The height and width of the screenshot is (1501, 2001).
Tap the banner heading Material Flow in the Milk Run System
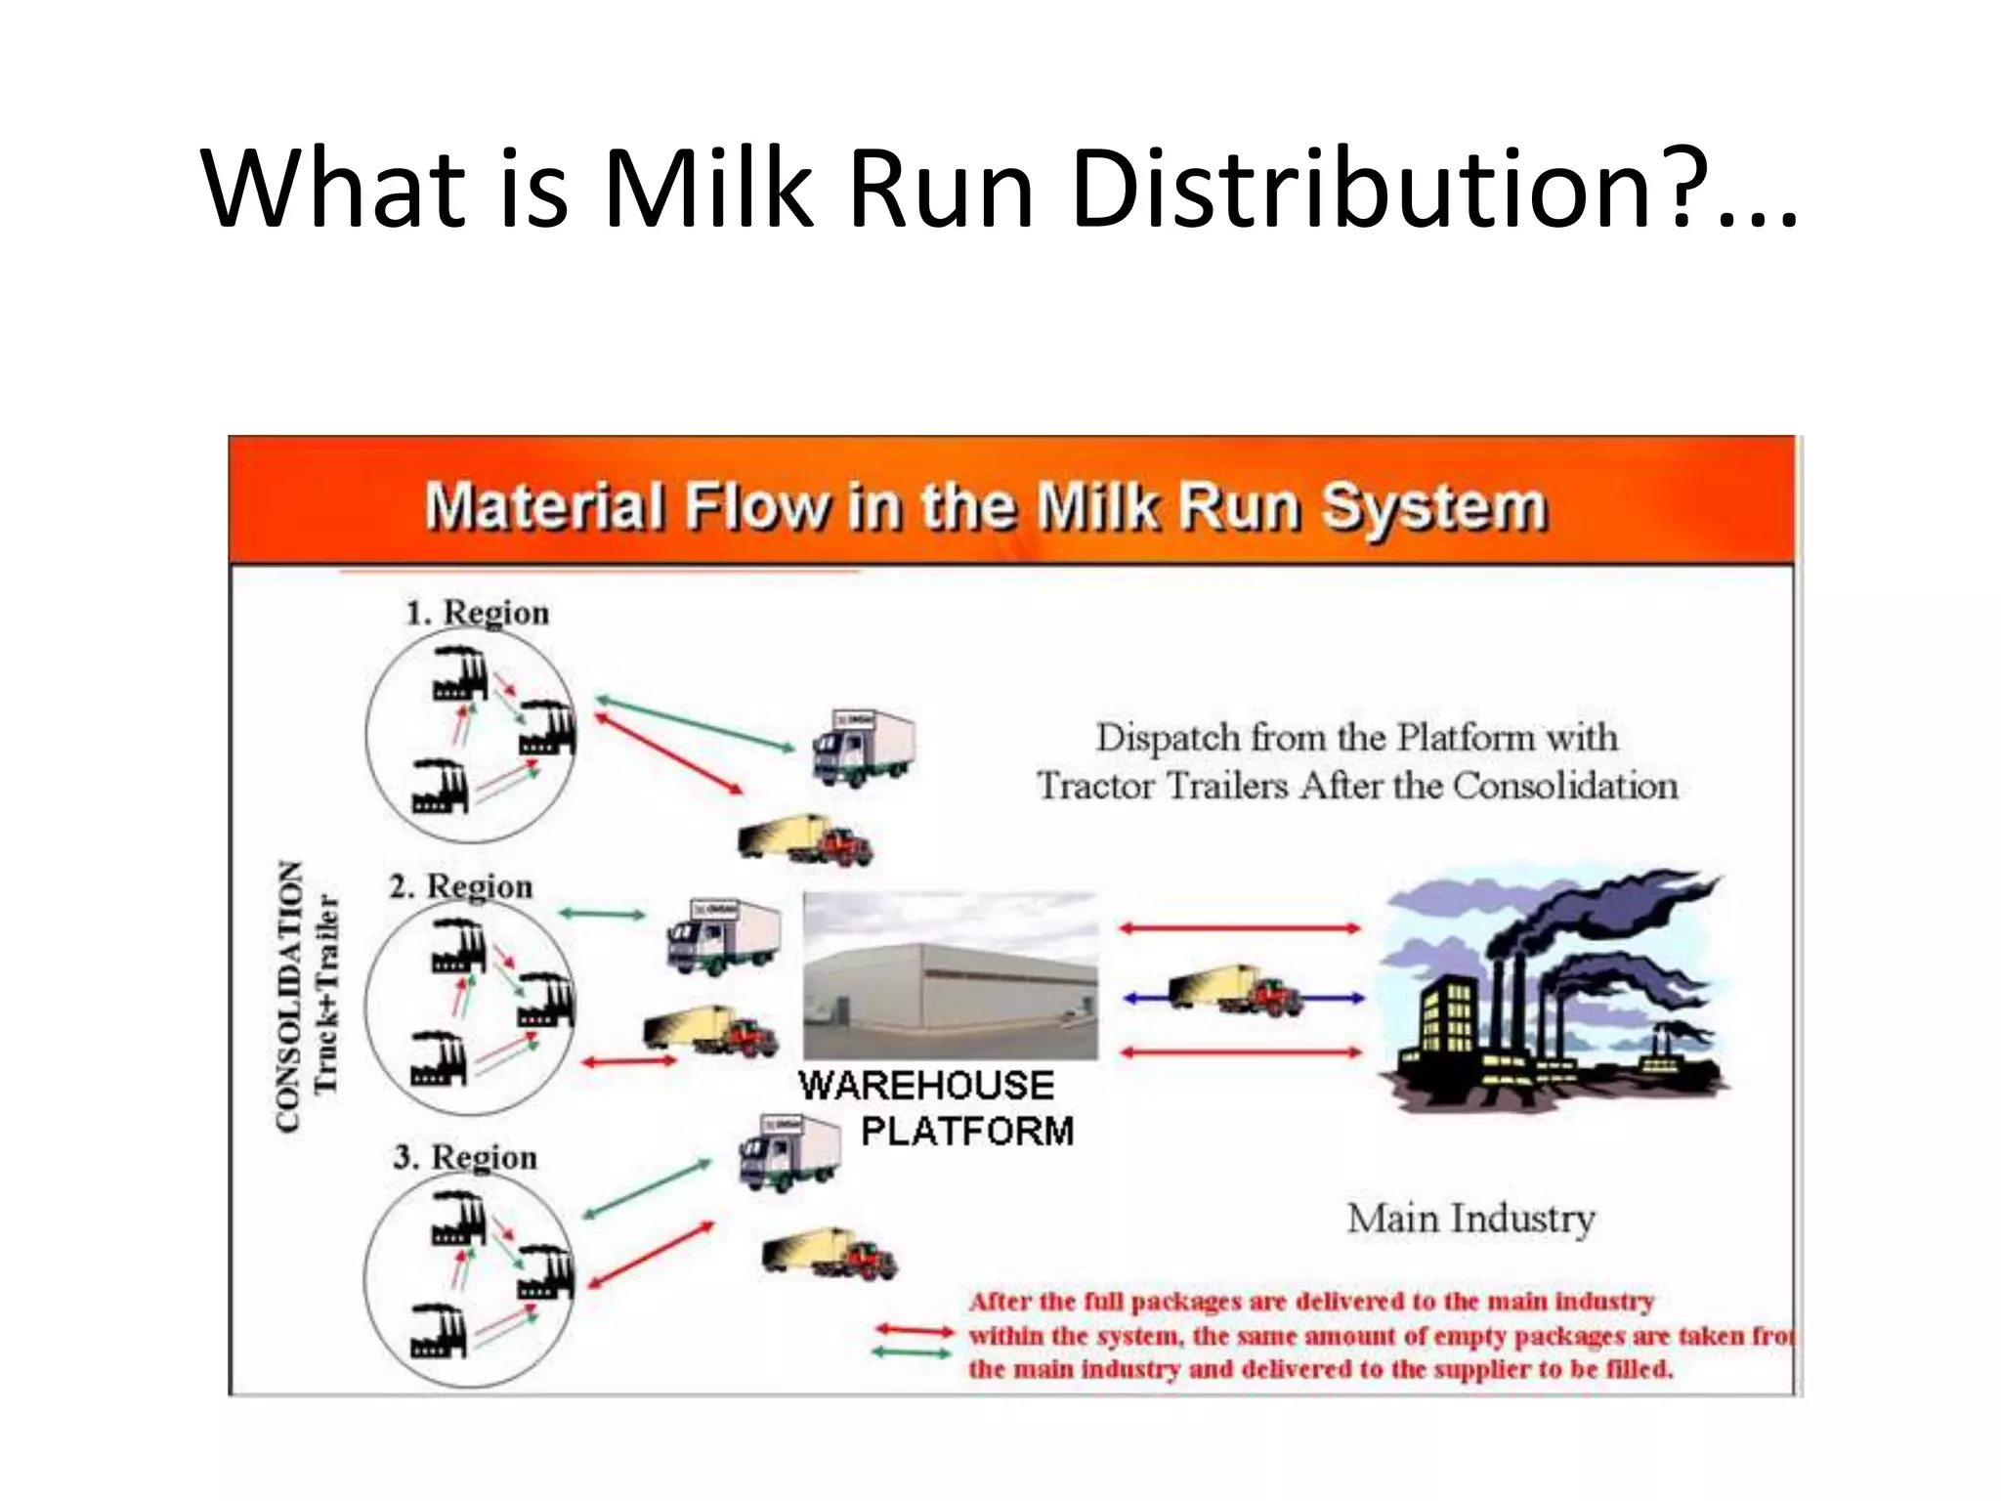coord(985,507)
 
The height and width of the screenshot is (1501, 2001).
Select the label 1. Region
coord(477,613)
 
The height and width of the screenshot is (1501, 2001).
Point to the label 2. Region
coord(460,886)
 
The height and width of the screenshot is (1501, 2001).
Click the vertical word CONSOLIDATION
coord(288,996)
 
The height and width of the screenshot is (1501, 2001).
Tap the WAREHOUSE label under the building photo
coord(925,1086)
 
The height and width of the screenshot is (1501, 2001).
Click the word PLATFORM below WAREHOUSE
coord(966,1131)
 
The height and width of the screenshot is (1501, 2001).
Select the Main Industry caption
coord(1470,1219)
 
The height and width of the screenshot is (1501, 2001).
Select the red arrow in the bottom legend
coord(913,1330)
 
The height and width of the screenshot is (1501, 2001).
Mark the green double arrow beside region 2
coord(602,915)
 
